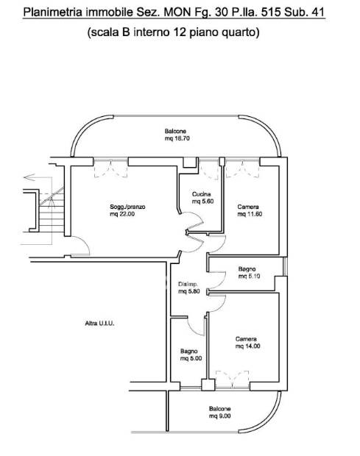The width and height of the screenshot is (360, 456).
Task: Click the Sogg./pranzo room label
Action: pyautogui.click(x=127, y=207)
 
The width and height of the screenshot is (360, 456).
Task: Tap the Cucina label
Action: pyautogui.click(x=202, y=194)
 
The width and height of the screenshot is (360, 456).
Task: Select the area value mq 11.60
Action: pyautogui.click(x=250, y=214)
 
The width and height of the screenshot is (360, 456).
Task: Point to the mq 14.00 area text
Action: pyautogui.click(x=248, y=346)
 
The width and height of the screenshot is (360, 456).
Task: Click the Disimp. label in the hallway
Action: pyautogui.click(x=188, y=284)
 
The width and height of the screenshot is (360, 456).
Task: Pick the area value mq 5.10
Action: pyautogui.click(x=249, y=276)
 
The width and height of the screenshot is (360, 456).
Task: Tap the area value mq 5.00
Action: pyautogui.click(x=191, y=358)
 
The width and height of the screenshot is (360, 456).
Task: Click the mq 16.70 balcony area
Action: pyautogui.click(x=177, y=138)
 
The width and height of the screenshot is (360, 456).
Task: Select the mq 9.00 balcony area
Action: pyautogui.click(x=219, y=416)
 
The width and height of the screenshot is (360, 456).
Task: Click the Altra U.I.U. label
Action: pyautogui.click(x=99, y=323)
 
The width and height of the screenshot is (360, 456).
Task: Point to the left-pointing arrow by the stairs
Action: pyautogui.click(x=29, y=177)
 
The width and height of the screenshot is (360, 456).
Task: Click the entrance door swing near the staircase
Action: pyautogui.click(x=80, y=246)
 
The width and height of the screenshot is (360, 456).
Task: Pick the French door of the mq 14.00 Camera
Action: pyautogui.click(x=232, y=380)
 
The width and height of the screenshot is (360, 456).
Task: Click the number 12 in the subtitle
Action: pyautogui.click(x=180, y=32)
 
